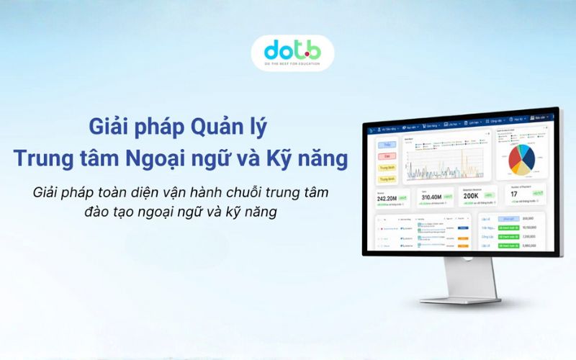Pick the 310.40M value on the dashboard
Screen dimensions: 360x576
click(x=431, y=197)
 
